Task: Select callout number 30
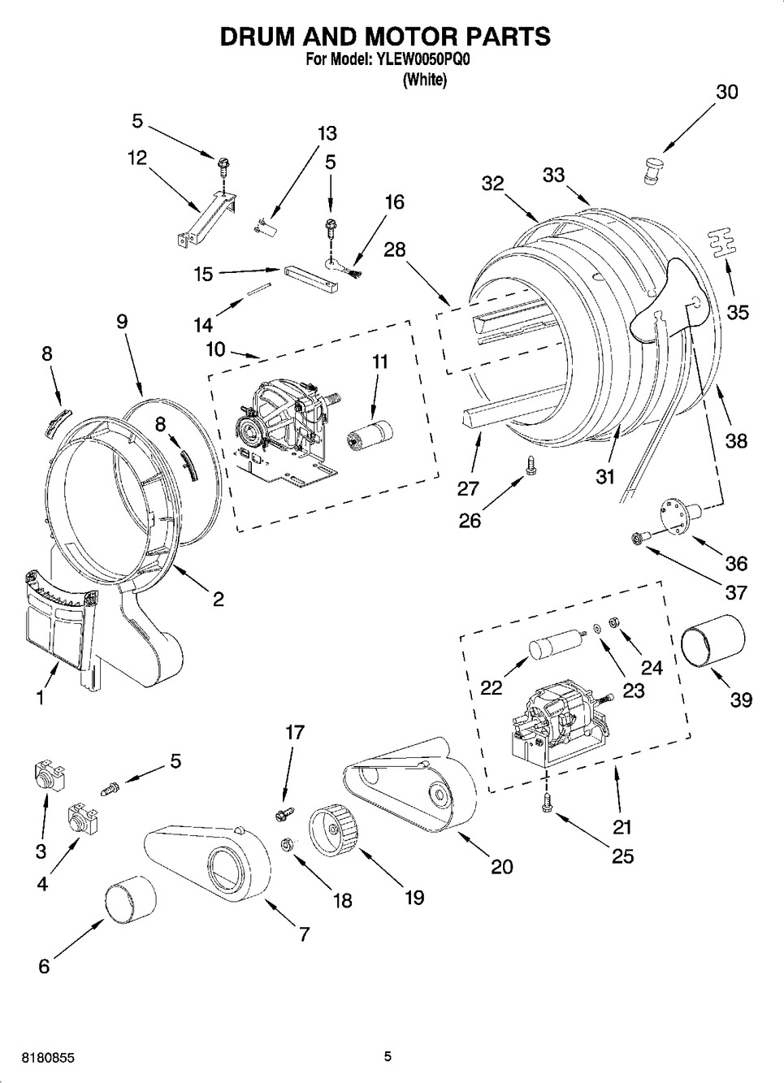[x=726, y=92]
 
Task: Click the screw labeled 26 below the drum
[x=530, y=466]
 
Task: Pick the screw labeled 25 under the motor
[x=548, y=803]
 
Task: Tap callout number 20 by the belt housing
[x=501, y=866]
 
